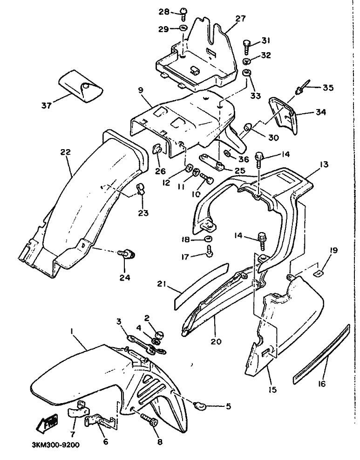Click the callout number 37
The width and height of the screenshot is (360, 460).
(46, 105)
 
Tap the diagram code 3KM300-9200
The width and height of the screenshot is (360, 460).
(55, 445)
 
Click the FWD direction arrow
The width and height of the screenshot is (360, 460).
(47, 424)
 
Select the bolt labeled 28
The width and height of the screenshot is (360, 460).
(183, 13)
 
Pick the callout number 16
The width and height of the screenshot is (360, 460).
(322, 384)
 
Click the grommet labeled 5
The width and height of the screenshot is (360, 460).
(199, 406)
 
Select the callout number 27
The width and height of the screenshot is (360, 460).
(240, 19)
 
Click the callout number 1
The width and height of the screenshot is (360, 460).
(72, 330)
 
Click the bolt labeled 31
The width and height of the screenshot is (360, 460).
(246, 47)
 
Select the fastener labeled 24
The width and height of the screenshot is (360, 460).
(127, 254)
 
